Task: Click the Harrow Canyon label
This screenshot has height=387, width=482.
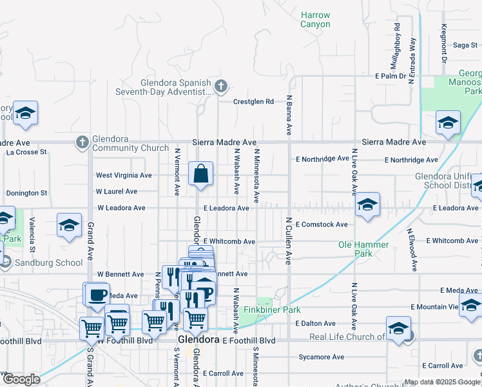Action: click(x=315, y=19)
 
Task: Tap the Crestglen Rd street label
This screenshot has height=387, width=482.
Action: click(x=253, y=101)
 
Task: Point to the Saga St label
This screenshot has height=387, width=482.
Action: click(x=465, y=45)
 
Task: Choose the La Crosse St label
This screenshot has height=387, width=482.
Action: click(x=26, y=152)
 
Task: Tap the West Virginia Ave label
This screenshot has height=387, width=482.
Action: click(x=124, y=175)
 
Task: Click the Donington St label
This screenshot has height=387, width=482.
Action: click(x=26, y=193)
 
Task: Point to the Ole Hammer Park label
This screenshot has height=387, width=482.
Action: click(x=363, y=249)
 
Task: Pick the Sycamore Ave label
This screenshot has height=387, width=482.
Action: click(x=322, y=357)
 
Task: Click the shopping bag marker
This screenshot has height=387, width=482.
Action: click(x=200, y=173)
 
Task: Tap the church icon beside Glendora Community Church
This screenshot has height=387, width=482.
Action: click(x=82, y=142)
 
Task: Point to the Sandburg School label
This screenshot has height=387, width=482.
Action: click(x=48, y=263)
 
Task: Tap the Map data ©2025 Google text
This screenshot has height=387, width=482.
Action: click(x=442, y=382)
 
